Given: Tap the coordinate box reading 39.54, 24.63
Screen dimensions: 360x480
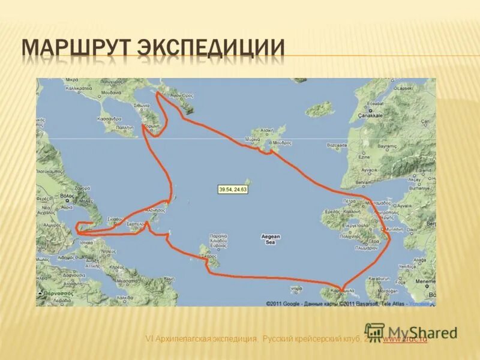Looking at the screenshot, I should (x=233, y=190).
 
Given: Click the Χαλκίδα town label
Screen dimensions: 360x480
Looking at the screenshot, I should (x=125, y=298).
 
